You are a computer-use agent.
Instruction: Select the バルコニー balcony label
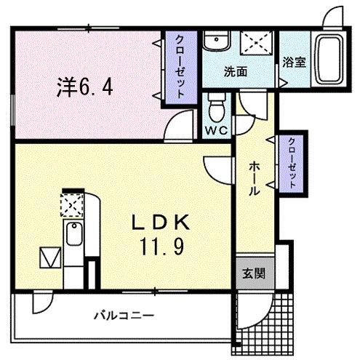pos(123,316)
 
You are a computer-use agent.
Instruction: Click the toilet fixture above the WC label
pos(215,109)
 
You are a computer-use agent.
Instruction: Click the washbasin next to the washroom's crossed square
pos(215,41)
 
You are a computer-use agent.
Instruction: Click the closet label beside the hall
pos(290,163)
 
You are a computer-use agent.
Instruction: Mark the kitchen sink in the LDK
pos(73,234)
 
